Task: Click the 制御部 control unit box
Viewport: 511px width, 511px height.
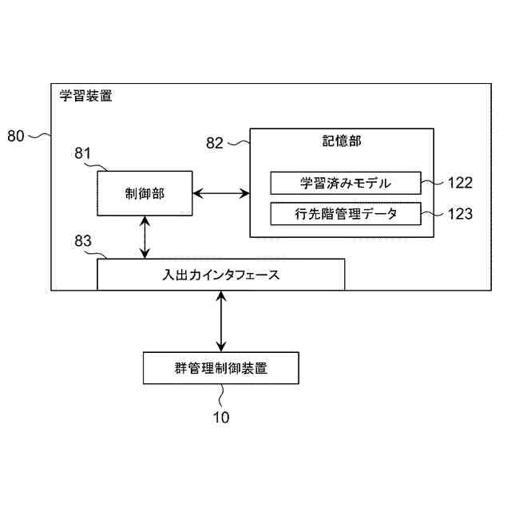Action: coord(145,193)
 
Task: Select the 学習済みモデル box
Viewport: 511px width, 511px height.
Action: coord(345,183)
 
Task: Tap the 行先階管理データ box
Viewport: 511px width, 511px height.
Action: coord(345,214)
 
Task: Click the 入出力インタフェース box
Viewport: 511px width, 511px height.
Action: coord(220,275)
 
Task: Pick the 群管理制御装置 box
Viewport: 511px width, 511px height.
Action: coord(220,368)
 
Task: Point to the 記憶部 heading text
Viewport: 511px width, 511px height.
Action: coord(342,141)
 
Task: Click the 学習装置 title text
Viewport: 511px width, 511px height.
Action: coord(85,97)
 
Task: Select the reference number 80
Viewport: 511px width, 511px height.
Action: coord(16,136)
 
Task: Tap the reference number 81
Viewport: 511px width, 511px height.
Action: coord(84,153)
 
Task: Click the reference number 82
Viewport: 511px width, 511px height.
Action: coord(215,143)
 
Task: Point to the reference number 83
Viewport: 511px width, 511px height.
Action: coord(84,240)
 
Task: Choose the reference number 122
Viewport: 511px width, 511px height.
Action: coord(459,183)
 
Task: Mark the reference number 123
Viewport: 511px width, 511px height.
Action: coord(459,214)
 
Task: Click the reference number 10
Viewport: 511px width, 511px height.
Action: coord(220,417)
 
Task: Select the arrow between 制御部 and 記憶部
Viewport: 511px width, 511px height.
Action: coord(221,192)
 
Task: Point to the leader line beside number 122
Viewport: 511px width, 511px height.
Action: coord(432,183)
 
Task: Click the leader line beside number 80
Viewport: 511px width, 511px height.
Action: coord(40,136)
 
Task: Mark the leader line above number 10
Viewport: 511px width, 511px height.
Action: coord(221,397)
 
